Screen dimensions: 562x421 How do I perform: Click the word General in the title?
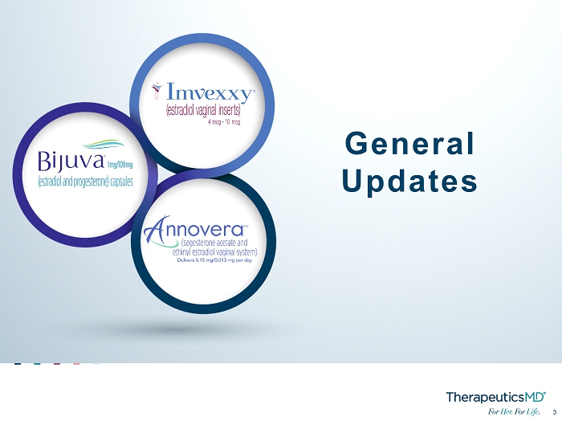[409, 144]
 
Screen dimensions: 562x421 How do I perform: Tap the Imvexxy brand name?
[210, 92]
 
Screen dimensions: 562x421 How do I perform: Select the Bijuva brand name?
[71, 161]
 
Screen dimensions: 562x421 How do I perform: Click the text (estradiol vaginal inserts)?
[203, 110]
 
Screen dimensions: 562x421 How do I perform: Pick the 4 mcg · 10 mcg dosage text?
[224, 122]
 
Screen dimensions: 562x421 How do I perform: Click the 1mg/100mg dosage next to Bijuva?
[120, 165]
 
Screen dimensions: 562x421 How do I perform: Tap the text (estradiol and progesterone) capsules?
[85, 182]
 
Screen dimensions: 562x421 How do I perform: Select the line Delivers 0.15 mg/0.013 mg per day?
[214, 260]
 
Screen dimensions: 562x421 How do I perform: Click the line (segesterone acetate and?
[214, 243]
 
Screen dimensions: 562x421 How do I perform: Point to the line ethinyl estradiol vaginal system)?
[214, 251]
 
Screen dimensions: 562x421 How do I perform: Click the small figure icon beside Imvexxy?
[157, 90]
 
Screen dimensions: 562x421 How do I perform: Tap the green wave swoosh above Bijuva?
[104, 144]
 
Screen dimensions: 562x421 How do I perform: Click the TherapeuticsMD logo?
[496, 397]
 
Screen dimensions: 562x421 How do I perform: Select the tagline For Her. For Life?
[514, 411]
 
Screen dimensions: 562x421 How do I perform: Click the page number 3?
[555, 412]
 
